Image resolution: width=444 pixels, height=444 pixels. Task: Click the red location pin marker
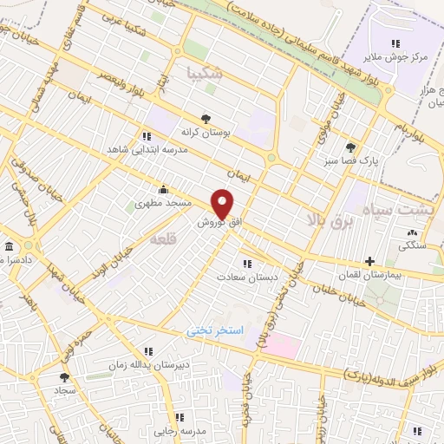(224, 204)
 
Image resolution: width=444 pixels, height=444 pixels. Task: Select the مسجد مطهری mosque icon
(162, 190)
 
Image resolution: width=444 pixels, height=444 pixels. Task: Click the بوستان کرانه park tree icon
(206, 119)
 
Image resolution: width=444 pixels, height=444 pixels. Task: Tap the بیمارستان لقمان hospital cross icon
(369, 261)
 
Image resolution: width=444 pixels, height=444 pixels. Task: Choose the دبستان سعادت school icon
(247, 264)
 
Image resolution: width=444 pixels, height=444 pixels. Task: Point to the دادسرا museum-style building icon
(10, 247)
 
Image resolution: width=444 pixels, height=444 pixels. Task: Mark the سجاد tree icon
(64, 377)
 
